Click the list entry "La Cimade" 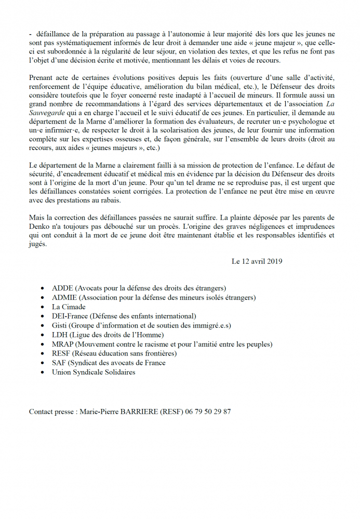point(69,307)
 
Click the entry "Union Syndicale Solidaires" point(94,372)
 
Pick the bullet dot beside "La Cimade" point(42,307)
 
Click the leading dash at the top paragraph point(31,33)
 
